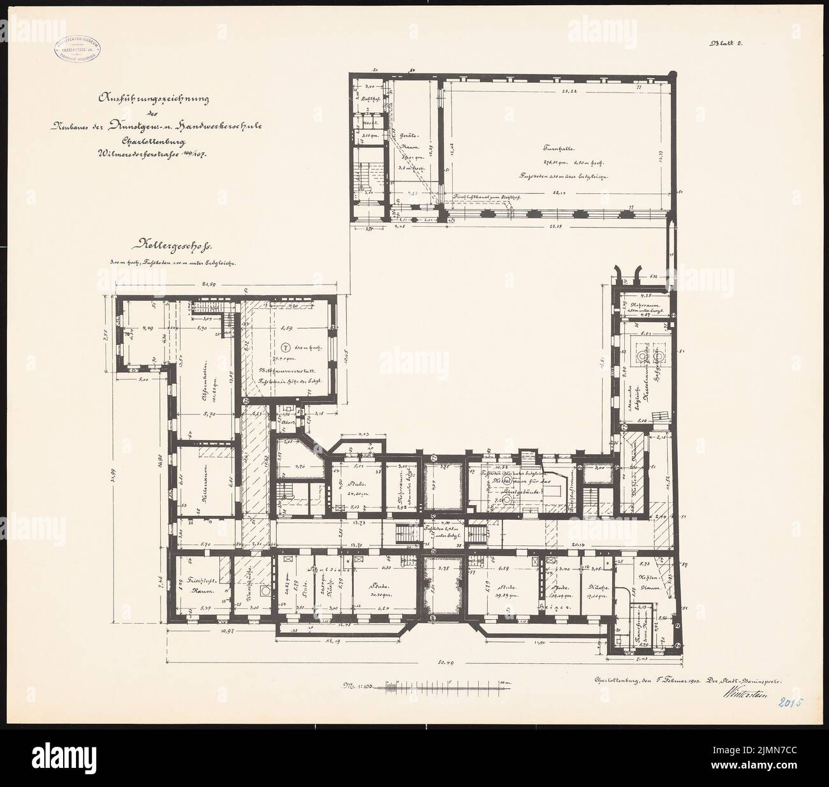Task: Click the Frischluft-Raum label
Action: pos(200,587)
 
